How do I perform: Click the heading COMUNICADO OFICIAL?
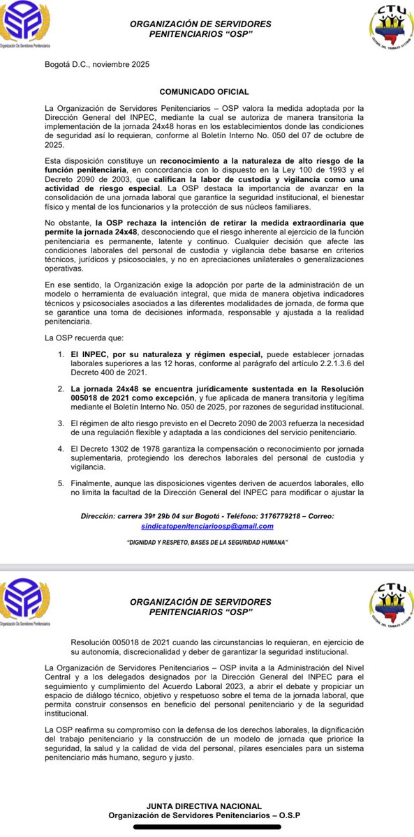(204, 91)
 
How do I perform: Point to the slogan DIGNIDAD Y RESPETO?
(207, 542)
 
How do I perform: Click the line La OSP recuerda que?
(84, 337)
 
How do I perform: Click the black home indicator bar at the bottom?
(207, 828)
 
